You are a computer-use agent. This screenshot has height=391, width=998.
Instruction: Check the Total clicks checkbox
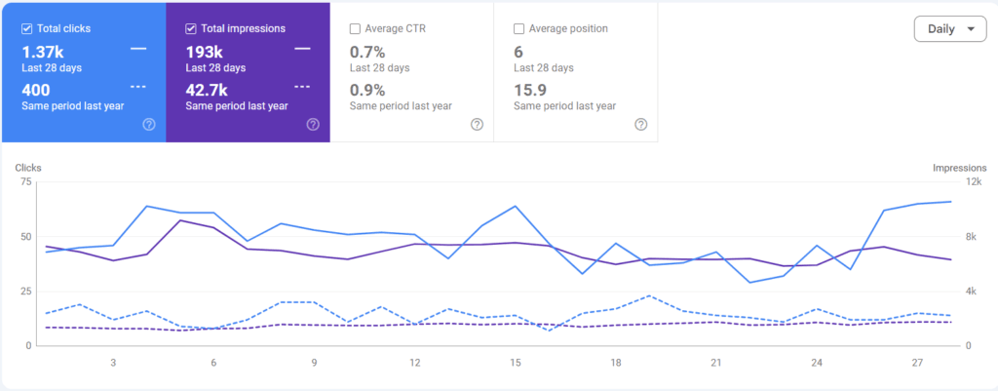pyautogui.click(x=26, y=28)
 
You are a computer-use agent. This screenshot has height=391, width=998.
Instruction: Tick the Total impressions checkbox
pyautogui.click(x=190, y=28)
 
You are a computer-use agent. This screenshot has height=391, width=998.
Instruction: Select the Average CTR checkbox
pyautogui.click(x=355, y=28)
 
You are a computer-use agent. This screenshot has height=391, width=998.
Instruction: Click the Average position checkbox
pyautogui.click(x=518, y=28)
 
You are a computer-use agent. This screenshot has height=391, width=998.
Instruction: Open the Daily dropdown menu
pyautogui.click(x=950, y=29)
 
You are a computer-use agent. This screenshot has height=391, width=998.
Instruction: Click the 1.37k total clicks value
pyautogui.click(x=43, y=53)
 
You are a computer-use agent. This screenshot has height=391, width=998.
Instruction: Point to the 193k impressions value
pyautogui.click(x=205, y=53)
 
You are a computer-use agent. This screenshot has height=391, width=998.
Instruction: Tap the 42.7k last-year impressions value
pyautogui.click(x=207, y=90)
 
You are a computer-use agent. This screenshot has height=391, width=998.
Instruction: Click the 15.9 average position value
pyautogui.click(x=530, y=90)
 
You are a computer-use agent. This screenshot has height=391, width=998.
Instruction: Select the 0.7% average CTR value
pyautogui.click(x=367, y=53)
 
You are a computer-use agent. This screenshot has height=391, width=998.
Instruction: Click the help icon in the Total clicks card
pyautogui.click(x=149, y=124)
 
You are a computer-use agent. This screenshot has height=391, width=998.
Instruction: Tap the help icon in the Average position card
pyautogui.click(x=641, y=124)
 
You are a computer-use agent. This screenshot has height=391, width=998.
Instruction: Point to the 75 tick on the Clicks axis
pyautogui.click(x=25, y=182)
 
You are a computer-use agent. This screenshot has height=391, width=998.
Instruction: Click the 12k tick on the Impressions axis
pyautogui.click(x=974, y=182)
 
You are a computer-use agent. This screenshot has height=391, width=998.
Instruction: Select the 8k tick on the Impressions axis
pyautogui.click(x=972, y=237)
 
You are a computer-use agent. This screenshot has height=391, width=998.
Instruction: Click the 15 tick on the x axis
pyautogui.click(x=516, y=363)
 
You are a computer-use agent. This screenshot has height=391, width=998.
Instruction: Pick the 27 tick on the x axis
pyautogui.click(x=917, y=363)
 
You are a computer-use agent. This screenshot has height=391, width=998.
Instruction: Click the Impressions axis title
pyautogui.click(x=959, y=168)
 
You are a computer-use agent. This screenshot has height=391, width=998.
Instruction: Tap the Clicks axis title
pyautogui.click(x=28, y=168)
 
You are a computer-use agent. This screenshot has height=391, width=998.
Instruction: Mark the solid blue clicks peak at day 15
pyautogui.click(x=516, y=207)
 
